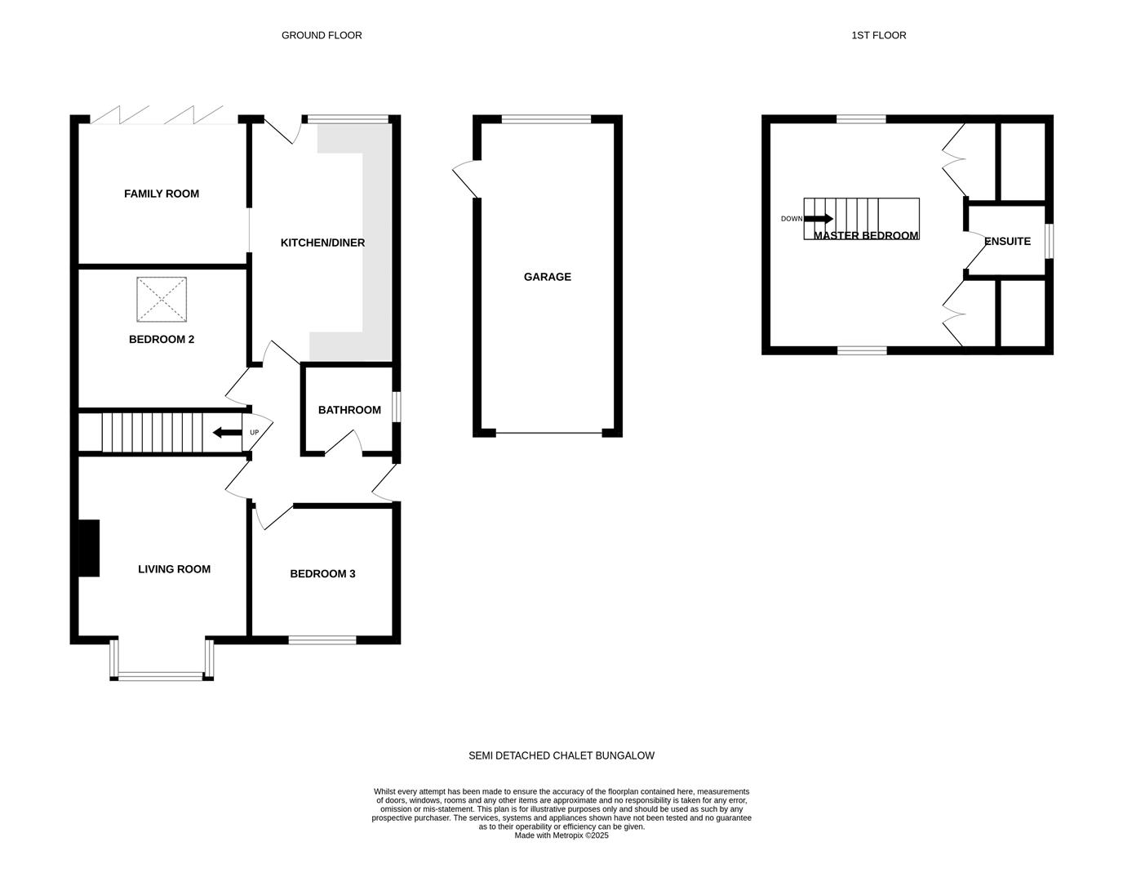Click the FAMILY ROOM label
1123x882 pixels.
162,194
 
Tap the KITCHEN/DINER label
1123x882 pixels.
322,243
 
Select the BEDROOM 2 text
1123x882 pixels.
162,340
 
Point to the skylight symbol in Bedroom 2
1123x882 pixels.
162,300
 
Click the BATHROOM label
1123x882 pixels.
349,410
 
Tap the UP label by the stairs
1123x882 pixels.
255,432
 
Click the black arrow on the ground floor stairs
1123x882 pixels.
228,432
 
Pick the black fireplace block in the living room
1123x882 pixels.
88,548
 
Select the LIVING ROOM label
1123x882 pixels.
174,569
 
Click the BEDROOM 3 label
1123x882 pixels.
322,574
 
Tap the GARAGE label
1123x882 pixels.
548,277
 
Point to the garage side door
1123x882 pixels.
466,179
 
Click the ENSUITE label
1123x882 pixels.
1008,242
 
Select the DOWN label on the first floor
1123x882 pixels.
791,219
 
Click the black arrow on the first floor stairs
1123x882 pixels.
819,219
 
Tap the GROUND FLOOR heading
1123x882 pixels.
322,35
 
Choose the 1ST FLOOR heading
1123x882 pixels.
878,35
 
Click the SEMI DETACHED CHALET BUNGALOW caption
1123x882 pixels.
561,756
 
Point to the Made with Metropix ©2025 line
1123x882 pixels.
561,835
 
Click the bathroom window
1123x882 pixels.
397,407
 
